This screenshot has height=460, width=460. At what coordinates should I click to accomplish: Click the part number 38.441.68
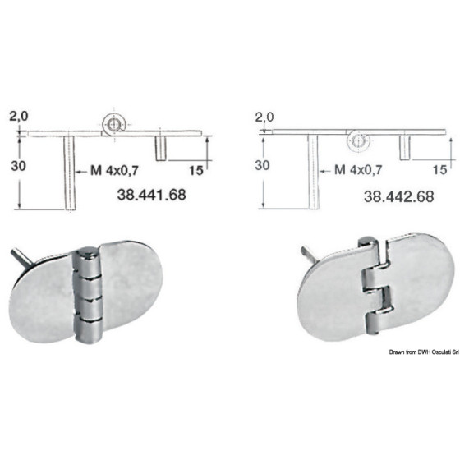point(151,195)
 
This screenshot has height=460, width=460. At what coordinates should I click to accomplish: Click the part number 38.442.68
point(399,196)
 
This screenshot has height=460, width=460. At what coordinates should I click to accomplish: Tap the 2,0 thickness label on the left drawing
point(19,116)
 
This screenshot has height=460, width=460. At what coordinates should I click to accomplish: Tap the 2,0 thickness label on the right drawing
point(264,117)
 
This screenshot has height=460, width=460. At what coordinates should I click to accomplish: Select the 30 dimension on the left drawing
point(18,166)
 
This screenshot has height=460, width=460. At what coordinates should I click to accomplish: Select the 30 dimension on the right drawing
point(262,165)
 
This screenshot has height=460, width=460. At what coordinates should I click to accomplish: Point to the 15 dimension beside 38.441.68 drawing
point(196,170)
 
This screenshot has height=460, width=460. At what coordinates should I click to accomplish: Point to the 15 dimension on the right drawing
point(439,169)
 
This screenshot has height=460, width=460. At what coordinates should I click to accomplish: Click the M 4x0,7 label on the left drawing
point(114,170)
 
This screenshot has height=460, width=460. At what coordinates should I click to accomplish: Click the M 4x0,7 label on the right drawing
point(358,169)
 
